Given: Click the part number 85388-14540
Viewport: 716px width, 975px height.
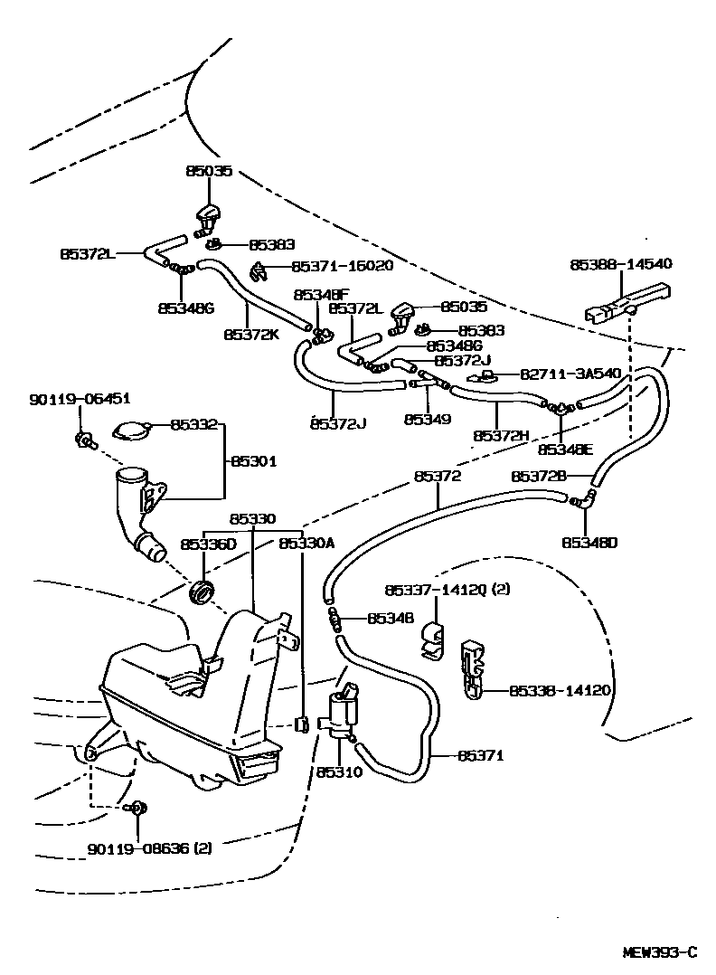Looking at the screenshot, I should coord(620,264).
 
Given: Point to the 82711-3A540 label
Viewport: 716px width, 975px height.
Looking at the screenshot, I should coord(569,374).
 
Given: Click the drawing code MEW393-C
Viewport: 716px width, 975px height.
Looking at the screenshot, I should coord(660,951).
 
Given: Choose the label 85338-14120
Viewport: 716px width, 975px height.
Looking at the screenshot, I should coord(560,690).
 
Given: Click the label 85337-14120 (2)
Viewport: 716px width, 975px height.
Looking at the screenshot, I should coord(446,590).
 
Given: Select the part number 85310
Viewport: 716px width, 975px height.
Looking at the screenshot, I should coord(338,773).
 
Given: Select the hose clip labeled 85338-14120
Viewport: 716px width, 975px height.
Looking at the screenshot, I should coord(474,671).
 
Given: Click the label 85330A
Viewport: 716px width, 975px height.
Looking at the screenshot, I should coord(306,543).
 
